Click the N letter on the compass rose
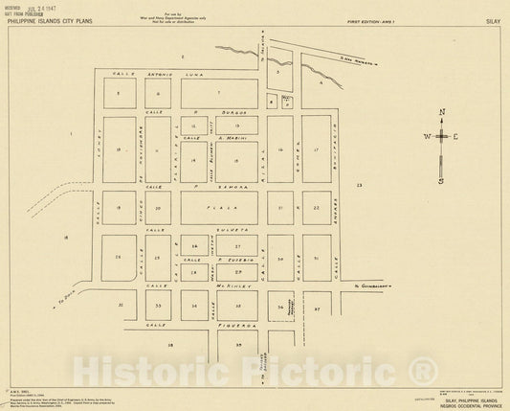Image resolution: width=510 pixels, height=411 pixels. click(441, 113)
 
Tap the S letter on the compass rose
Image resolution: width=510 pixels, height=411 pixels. click(441, 180)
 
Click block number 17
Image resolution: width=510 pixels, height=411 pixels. click(315, 150)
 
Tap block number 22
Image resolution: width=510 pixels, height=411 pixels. click(316, 207)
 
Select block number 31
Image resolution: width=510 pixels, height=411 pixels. click(315, 259)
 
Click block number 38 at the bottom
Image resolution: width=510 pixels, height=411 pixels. click(171, 342)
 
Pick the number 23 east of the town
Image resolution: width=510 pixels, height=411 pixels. click(360, 183)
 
